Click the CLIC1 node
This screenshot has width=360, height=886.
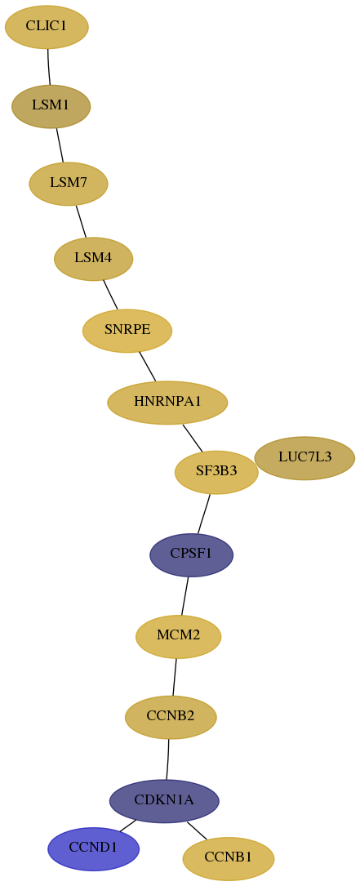(47, 27)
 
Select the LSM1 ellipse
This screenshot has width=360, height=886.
(51, 106)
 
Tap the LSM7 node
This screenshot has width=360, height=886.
(69, 184)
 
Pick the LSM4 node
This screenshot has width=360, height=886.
(93, 259)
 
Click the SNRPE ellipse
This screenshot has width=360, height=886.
(127, 331)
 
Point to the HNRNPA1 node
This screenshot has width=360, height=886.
(167, 403)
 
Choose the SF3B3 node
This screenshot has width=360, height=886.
(216, 472)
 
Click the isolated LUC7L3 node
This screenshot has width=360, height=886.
(304, 457)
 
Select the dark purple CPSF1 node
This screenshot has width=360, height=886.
(192, 555)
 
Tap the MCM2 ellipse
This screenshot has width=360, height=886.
(178, 636)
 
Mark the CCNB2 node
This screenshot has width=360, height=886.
(171, 717)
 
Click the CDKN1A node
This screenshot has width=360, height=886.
(164, 801)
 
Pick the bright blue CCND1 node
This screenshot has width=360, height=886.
(93, 848)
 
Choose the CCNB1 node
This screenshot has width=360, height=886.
(229, 858)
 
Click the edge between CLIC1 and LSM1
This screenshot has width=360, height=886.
(49, 67)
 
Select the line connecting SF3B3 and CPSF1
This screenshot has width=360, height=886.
(204, 514)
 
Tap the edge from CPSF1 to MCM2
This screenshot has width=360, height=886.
(184, 596)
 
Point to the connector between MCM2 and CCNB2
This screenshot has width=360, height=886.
(175, 677)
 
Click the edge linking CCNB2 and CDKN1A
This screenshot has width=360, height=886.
(168, 759)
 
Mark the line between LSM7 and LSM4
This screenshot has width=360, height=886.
(81, 221)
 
